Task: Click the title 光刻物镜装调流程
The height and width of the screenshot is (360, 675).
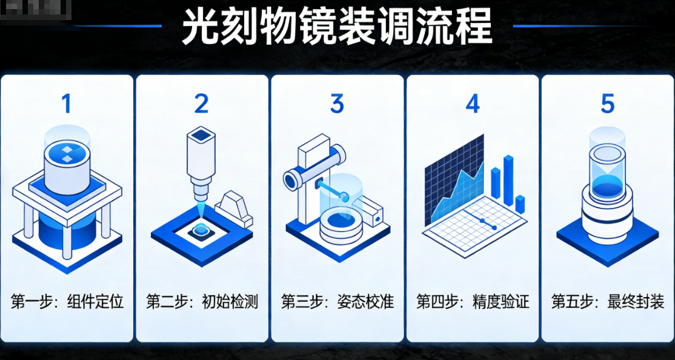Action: pos(337,27)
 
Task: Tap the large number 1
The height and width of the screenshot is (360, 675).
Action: pos(67,104)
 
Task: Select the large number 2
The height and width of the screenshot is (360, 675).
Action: pos(201,104)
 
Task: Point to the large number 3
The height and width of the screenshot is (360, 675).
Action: pos(337,104)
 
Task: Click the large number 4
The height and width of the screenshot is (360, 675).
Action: pos(472,104)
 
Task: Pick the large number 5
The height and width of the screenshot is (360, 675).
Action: pos(607,104)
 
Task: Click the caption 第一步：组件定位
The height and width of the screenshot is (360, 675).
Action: pos(67,301)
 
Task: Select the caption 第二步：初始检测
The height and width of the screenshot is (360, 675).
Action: pos(202,301)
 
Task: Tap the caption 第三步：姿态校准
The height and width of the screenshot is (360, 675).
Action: pos(337,301)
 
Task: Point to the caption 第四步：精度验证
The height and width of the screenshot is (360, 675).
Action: pos(472,301)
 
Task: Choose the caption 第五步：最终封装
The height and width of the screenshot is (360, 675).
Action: pos(607,301)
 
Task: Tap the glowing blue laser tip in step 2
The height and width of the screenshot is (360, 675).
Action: pos(201,209)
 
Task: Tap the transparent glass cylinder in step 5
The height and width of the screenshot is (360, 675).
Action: pos(607,161)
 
